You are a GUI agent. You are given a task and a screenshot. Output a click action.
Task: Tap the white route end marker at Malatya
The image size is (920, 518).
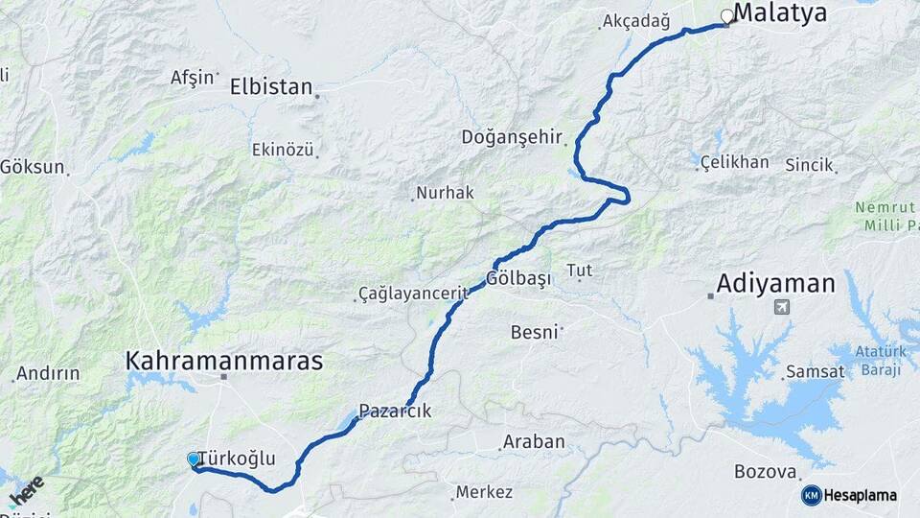pyautogui.click(x=726, y=16)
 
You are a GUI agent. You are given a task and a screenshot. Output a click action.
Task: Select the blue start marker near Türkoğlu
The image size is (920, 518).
pyautogui.click(x=194, y=459)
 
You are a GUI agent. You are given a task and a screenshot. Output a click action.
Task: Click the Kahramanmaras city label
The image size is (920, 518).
pyautogui.click(x=223, y=361)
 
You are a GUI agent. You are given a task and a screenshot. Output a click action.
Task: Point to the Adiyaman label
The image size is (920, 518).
pyautogui.click(x=776, y=283)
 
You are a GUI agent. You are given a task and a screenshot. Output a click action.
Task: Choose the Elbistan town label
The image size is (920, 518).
pyautogui.click(x=271, y=86)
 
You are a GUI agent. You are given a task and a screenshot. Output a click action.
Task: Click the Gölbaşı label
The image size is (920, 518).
pyautogui.click(x=519, y=278)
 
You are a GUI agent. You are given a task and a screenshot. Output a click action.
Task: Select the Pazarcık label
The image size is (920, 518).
pyautogui.click(x=395, y=411)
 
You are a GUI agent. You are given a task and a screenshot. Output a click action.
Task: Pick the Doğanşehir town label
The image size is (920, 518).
pyautogui.click(x=525, y=136)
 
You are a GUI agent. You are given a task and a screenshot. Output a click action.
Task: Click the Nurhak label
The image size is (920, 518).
pyautogui.click(x=446, y=193)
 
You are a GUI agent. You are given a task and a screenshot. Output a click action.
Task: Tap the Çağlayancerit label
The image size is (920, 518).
pyautogui.click(x=412, y=292)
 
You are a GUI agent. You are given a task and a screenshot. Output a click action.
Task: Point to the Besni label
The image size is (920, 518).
pyautogui.click(x=535, y=332)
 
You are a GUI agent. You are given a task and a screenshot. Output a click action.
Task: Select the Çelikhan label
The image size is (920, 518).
pyautogui.click(x=735, y=161)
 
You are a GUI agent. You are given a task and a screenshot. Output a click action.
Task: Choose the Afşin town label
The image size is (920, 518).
pyautogui.click(x=192, y=78)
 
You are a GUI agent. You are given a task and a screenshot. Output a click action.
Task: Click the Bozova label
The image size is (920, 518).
pyautogui.click(x=766, y=472)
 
